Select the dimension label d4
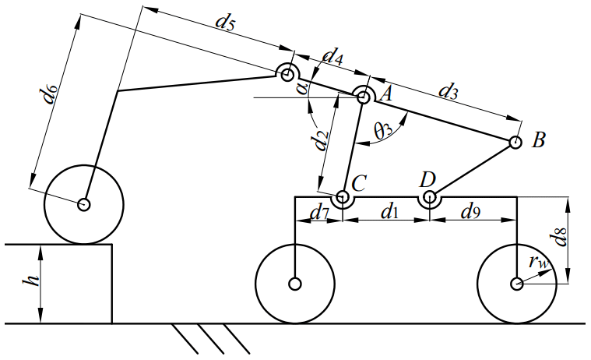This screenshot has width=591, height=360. point(332,56)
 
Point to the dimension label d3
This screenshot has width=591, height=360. point(448,91)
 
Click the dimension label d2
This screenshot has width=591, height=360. point(318,140)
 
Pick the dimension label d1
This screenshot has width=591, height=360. point(386,211)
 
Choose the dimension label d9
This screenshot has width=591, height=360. point(471,211)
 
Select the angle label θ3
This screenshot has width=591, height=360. point(383,131)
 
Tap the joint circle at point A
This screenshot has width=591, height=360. point(363,96)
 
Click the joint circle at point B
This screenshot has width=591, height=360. point(515,143)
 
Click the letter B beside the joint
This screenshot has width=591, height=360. point(538,141)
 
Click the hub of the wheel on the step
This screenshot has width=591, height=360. point(83,205)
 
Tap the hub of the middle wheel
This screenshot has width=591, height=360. point(295,284)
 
